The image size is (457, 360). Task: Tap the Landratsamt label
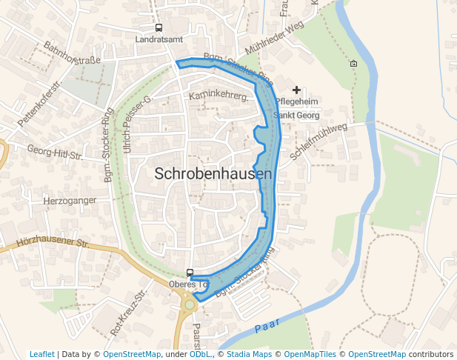coord(160,39)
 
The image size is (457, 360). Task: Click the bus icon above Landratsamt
coord(159,27)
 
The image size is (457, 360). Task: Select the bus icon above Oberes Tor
coord(190,273)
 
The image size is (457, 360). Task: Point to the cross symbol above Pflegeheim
coord(297,90)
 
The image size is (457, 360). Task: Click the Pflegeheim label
coord(298,102)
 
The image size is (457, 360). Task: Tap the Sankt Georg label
coord(296,116)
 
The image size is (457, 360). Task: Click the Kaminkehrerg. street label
coord(218,96)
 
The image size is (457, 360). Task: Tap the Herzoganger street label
coord(70,201)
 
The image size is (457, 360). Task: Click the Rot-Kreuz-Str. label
coord(126,311)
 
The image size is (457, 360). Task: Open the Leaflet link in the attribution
coord(41,355)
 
